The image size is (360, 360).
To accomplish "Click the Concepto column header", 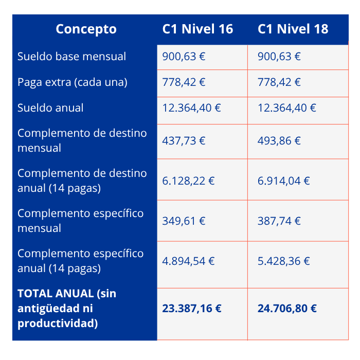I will (x=86, y=29).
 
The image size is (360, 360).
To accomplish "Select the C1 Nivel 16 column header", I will (x=197, y=29).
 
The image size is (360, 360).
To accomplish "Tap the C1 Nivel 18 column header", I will (x=293, y=29).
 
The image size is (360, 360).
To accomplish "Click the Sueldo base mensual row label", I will (x=71, y=56).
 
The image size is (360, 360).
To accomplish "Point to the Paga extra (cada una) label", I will (x=73, y=82).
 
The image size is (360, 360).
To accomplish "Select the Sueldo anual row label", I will (x=50, y=108).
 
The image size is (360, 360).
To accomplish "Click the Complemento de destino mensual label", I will (x=82, y=140).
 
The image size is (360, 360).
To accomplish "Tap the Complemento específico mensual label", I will (x=80, y=221).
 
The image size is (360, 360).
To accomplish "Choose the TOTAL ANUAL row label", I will (x=67, y=308).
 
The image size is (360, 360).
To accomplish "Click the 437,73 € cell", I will (x=184, y=140).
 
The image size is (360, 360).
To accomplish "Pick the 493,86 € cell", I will (x=279, y=140).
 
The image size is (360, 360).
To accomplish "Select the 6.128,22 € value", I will (x=188, y=181).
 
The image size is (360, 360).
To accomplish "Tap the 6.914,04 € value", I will (x=284, y=181).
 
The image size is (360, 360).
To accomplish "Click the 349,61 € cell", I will (x=184, y=221).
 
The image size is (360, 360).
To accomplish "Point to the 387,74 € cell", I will (x=279, y=221).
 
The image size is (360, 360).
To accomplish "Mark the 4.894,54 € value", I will (x=188, y=261).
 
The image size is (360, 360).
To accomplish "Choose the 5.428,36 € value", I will (x=284, y=261).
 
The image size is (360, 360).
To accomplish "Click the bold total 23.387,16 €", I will (x=192, y=308).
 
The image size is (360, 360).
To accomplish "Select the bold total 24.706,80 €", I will (x=287, y=308).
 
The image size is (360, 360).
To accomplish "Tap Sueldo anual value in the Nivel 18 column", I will (x=287, y=108).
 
